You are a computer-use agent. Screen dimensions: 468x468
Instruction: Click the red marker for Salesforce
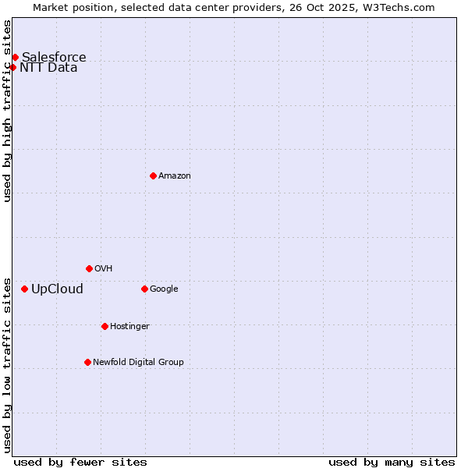pos(15,57)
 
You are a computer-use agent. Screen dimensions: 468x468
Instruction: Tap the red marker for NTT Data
pos(12,67)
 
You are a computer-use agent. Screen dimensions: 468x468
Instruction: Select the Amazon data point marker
pos(153,175)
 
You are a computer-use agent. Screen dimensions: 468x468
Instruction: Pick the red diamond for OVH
pos(89,268)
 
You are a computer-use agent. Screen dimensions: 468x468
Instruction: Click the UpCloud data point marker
pos(24,289)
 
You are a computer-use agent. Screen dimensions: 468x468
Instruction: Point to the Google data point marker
pos(144,289)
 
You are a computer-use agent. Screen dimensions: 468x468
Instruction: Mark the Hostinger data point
pos(105,326)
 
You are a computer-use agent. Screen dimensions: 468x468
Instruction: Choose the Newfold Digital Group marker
pos(87,362)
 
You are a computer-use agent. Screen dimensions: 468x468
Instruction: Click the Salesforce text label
pos(54,57)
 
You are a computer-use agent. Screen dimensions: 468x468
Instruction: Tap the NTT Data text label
pos(48,67)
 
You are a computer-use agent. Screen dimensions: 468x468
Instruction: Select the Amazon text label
pos(175,175)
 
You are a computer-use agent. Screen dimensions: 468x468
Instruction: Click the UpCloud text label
pos(57,289)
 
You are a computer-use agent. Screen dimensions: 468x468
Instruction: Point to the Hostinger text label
pos(129,326)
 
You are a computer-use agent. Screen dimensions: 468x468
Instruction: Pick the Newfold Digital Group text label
pos(138,362)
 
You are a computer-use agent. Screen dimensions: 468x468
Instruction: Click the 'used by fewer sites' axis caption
pos(80,462)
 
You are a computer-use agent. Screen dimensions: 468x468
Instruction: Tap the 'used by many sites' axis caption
pos(392,462)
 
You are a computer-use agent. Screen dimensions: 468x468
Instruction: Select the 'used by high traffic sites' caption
pos(8,111)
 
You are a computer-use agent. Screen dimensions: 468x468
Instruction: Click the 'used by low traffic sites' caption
pos(8,364)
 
